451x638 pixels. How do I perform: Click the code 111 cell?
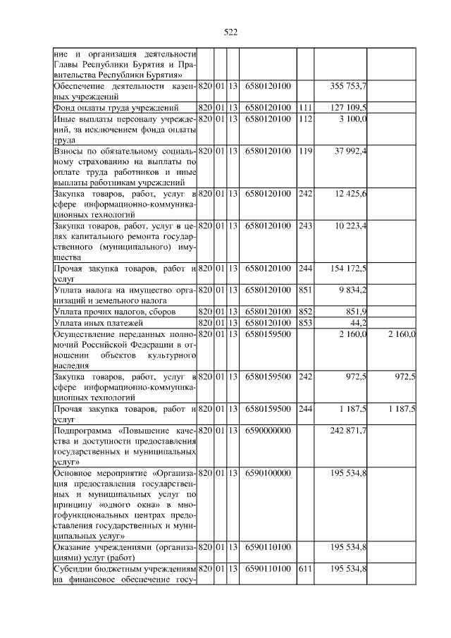(304, 107)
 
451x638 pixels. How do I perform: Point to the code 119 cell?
(304, 150)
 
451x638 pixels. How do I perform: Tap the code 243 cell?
(304, 225)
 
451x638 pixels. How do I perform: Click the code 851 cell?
(304, 290)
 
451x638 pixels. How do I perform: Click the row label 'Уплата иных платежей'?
(94, 322)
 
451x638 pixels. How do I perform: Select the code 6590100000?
(268, 472)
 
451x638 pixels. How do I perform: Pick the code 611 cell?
(304, 569)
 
